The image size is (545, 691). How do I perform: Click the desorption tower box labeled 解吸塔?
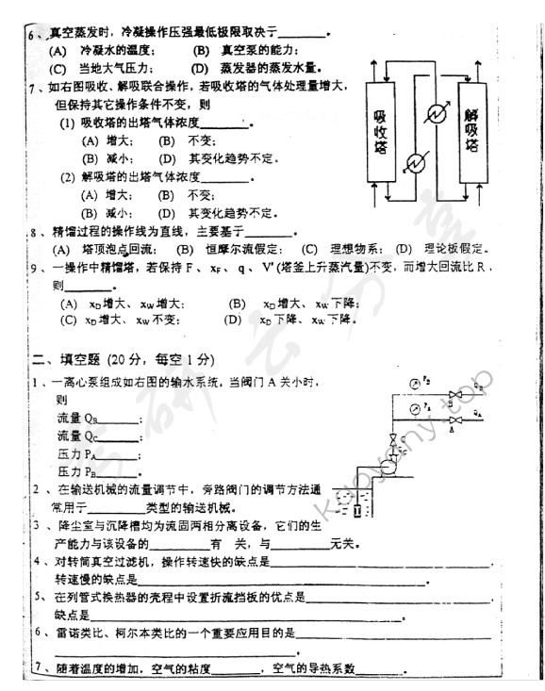coord(471,131)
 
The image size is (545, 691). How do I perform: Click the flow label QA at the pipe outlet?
coord(479,414)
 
